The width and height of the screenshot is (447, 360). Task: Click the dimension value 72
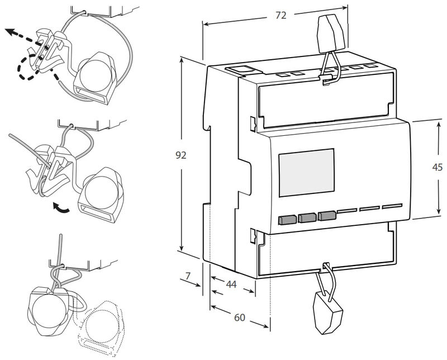(x=280, y=16)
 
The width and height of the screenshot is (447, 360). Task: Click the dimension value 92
(x=180, y=155)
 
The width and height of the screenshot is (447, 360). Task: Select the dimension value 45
(x=438, y=167)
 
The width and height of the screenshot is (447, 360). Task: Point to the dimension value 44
(x=231, y=285)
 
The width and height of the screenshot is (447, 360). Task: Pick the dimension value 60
(x=240, y=318)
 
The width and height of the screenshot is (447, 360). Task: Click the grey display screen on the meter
(x=306, y=172)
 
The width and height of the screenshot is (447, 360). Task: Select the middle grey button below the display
(x=306, y=217)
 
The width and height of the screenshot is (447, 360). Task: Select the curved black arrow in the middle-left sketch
(x=61, y=209)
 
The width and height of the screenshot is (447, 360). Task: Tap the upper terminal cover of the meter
(x=324, y=103)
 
